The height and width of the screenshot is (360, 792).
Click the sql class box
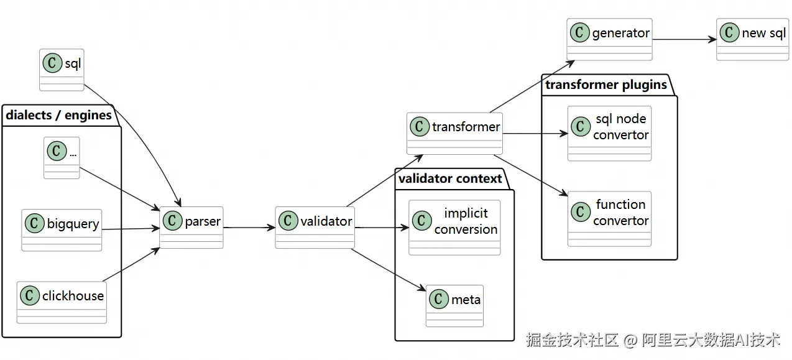62,70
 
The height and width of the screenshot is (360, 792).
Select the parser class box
191,228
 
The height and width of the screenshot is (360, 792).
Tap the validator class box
315,228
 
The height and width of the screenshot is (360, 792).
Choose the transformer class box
454,133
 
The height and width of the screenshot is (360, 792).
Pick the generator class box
609,39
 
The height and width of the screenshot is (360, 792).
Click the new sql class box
752,39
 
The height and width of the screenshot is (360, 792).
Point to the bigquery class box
62,230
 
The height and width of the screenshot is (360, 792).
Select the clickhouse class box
62,302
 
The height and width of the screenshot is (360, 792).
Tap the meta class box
454,306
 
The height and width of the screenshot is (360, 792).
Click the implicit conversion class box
454,228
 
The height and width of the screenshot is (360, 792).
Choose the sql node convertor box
609,133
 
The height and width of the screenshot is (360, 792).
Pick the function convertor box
609,219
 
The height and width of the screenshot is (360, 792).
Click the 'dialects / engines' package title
58,115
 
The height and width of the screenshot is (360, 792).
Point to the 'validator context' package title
450,178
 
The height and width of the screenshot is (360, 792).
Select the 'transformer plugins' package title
606,85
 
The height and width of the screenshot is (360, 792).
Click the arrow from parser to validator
249,228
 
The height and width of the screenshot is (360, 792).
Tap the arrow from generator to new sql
684,39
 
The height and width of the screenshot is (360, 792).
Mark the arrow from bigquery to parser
131,229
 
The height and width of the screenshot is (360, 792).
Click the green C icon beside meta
438,299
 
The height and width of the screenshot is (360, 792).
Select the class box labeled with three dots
62,158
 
